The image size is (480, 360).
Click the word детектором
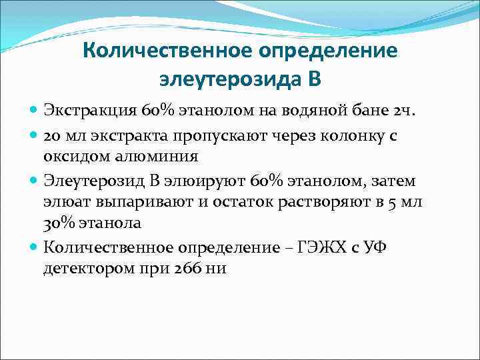[x=85, y=269]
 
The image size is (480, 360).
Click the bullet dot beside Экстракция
[x=34, y=109]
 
